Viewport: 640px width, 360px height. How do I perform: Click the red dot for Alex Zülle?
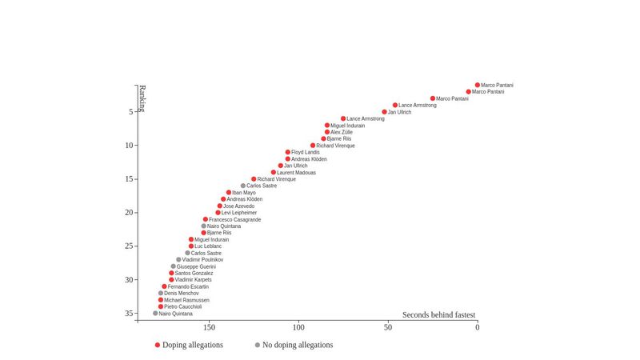[327, 132]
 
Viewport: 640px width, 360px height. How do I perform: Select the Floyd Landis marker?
[288, 152]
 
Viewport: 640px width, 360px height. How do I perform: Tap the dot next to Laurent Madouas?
[274, 172]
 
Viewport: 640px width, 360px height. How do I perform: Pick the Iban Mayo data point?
[229, 193]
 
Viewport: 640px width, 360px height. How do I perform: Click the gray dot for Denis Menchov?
[161, 294]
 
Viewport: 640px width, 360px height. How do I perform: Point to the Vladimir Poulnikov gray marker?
[178, 260]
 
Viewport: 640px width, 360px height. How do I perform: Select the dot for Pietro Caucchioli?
[161, 306]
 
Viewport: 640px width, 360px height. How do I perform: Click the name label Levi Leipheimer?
[239, 213]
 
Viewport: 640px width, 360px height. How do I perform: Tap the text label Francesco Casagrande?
[234, 220]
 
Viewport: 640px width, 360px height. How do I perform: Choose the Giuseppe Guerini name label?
[196, 266]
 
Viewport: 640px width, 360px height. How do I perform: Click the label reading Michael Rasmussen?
[186, 300]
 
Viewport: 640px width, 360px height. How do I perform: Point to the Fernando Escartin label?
[188, 286]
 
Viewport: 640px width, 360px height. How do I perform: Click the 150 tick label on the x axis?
[209, 327]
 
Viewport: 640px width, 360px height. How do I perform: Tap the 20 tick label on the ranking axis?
[128, 213]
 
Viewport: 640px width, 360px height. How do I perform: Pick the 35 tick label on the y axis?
[128, 314]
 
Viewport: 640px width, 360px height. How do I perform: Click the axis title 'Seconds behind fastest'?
[438, 315]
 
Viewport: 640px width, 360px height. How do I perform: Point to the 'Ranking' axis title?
[142, 98]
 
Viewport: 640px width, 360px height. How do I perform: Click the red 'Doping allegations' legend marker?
[158, 345]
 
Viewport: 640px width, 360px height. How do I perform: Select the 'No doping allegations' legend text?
[298, 345]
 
